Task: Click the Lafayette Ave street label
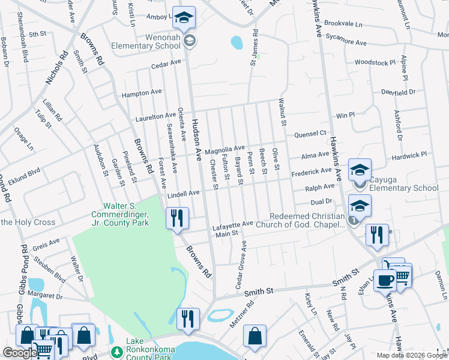coord(233,224)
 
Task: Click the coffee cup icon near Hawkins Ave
coord(384,280)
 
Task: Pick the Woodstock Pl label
coord(375,62)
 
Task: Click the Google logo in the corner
coord(20,353)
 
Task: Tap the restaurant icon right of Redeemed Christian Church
coord(377,235)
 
